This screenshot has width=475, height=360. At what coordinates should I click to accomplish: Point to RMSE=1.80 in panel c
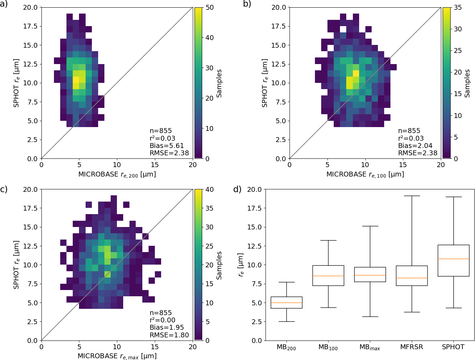tap(169, 335)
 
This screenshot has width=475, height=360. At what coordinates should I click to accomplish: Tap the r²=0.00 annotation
tap(163, 320)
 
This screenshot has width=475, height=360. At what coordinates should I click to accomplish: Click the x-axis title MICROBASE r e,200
tap(117, 174)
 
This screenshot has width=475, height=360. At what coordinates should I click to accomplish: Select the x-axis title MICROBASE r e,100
tap(365, 174)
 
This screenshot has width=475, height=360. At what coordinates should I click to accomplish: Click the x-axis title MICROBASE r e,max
tap(117, 356)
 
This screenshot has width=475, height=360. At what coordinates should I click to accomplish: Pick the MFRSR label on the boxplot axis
tap(411, 347)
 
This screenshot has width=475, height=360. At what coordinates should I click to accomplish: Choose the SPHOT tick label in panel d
tap(453, 347)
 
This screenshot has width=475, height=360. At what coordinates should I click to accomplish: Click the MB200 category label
tap(286, 347)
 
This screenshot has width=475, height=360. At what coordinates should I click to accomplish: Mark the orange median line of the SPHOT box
tap(453, 259)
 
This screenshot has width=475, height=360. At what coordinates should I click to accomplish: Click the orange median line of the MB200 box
tap(286, 303)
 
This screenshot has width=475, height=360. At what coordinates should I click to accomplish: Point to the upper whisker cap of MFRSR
tap(412, 196)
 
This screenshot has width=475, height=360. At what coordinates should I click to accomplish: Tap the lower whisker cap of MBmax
tap(370, 316)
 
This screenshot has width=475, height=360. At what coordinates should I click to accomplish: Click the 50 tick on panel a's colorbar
tap(209, 7)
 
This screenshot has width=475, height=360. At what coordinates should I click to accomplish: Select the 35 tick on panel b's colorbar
tap(458, 7)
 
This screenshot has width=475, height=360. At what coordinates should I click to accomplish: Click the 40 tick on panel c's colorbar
tap(209, 189)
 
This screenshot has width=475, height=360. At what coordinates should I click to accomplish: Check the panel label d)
tap(237, 189)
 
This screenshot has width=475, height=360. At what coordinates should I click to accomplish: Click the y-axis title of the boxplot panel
tap(241, 265)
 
